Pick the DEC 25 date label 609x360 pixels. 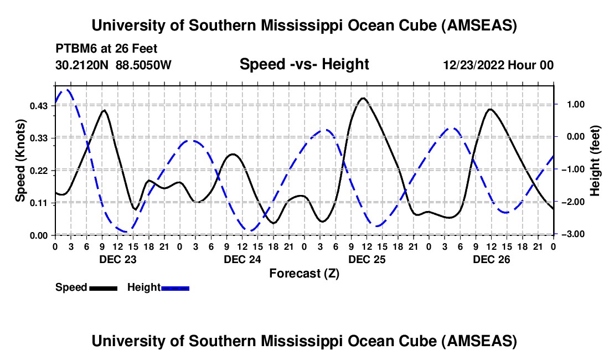pyautogui.click(x=367, y=259)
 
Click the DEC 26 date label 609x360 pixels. pyautogui.click(x=491, y=259)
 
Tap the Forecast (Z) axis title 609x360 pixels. pyautogui.click(x=304, y=273)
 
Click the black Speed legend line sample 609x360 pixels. pyautogui.click(x=103, y=287)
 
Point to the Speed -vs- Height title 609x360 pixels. pyautogui.click(x=304, y=65)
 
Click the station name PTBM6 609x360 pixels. pyautogui.click(x=74, y=49)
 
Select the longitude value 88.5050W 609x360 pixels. pyautogui.click(x=144, y=65)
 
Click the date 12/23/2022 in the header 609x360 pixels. pyautogui.click(x=477, y=65)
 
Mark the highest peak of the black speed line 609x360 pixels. pyautogui.click(x=363, y=99)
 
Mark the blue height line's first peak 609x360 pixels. pyautogui.click(x=66, y=90)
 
